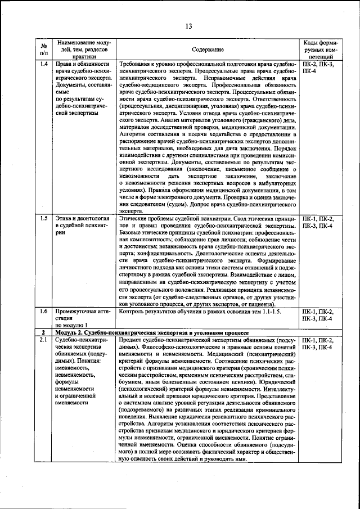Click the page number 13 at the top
coord(188,26)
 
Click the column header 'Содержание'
coord(208,49)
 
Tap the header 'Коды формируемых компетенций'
coord(320,49)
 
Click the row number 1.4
coord(43,65)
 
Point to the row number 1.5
coord(43,218)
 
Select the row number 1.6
coord(43,310)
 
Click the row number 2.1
coord(43,341)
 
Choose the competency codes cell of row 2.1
coord(320,344)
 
